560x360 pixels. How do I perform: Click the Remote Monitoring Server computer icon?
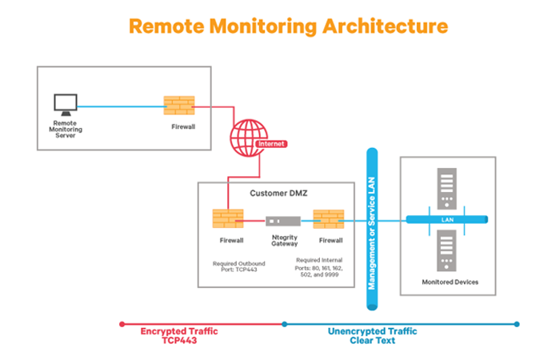point(64,104)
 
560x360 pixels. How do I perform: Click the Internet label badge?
point(270,144)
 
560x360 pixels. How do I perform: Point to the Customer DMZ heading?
point(276,193)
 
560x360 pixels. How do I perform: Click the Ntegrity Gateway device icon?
point(283,220)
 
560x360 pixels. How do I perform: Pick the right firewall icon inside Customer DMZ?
point(328,218)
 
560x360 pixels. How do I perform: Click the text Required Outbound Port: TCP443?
point(235,266)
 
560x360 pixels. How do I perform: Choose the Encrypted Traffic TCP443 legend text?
point(179,335)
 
